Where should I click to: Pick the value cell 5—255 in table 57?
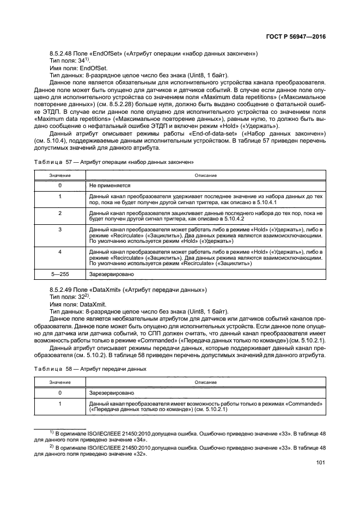click(60, 274)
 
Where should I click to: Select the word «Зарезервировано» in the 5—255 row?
click(111, 274)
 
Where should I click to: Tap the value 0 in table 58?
click(60, 393)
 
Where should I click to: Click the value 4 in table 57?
click(60, 252)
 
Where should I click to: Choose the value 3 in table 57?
click(60, 231)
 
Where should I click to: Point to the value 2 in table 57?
click(60, 212)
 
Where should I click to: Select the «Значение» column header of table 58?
click(60, 382)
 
